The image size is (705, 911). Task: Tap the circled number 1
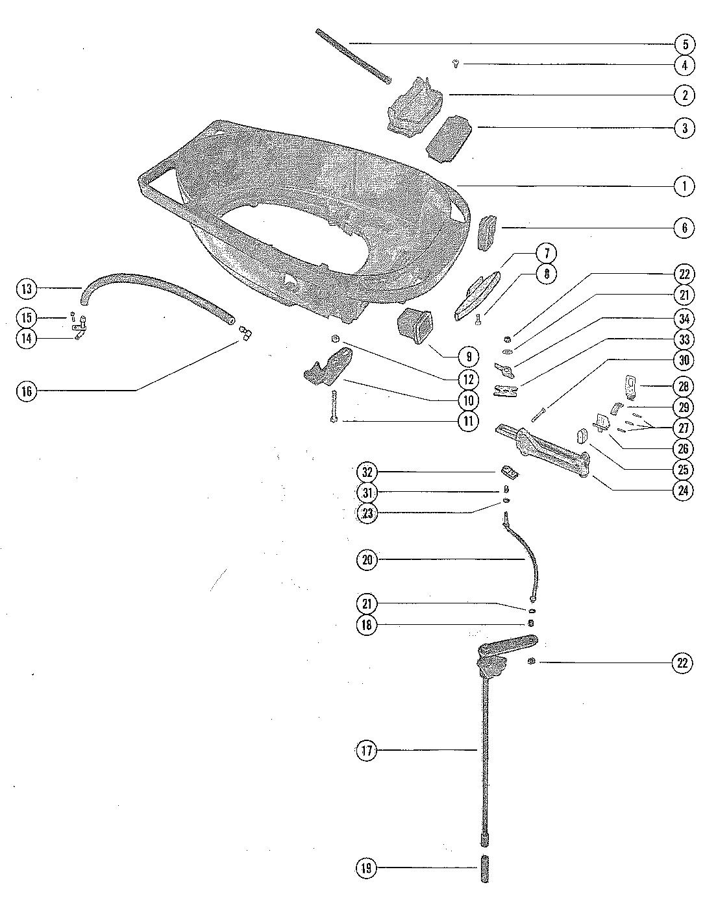point(684,187)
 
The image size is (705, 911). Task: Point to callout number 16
point(27,391)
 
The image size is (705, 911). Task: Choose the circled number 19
point(367,868)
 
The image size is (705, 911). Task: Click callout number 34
point(683,318)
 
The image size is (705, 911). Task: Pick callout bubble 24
point(683,491)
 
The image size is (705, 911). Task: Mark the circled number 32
point(367,471)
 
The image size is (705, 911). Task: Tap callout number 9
point(468,356)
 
